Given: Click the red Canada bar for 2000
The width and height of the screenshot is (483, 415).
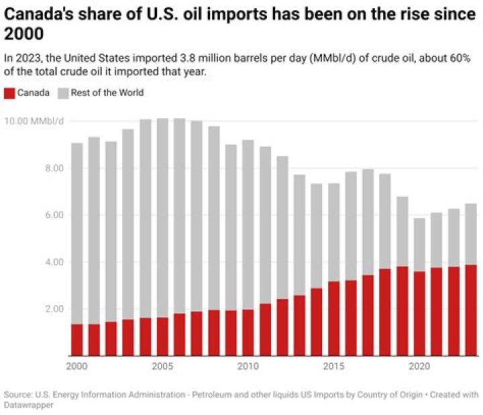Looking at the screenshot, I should pos(77,340).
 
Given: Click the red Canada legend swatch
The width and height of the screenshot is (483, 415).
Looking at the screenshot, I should pos(9,93).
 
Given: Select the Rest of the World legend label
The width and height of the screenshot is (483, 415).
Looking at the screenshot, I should pos(107,93).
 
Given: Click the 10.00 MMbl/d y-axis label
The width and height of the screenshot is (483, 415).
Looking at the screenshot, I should pos(34,122).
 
